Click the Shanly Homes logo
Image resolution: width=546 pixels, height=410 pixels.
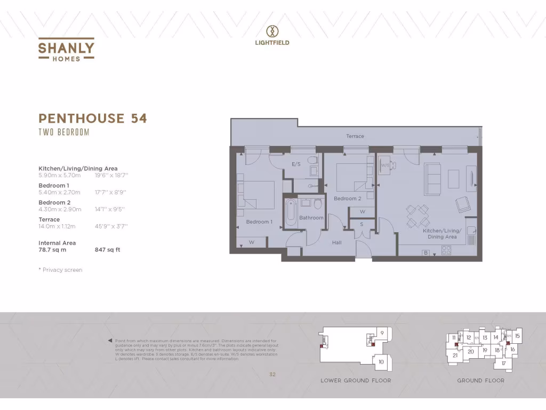click(66, 50)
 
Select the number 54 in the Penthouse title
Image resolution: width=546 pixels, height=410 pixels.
click(139, 118)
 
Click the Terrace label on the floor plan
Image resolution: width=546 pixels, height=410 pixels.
click(355, 136)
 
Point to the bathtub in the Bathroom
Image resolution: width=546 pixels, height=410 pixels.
click(291, 213)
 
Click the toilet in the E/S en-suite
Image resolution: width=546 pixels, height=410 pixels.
click(314, 160)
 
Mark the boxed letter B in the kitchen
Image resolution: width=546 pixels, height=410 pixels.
click(425, 253)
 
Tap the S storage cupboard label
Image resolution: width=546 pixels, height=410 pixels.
click(361, 224)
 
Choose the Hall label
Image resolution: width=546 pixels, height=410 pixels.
click(336, 242)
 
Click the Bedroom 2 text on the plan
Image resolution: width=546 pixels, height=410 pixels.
click(348, 199)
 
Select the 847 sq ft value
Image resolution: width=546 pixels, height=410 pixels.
click(107, 249)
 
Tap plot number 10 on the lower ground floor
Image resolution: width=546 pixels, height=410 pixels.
click(381, 361)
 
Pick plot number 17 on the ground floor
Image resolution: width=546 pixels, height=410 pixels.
click(503, 363)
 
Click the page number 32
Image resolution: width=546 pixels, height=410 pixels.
click(272, 375)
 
